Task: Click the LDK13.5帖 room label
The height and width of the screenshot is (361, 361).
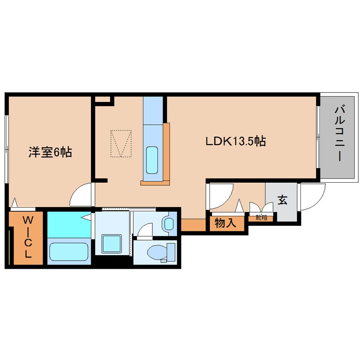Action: [236, 141]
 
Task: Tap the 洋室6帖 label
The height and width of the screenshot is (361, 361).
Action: [50, 152]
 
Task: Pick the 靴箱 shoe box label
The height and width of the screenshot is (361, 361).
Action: [261, 217]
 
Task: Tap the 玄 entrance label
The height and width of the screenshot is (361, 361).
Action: [282, 200]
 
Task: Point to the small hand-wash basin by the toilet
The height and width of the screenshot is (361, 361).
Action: [169, 223]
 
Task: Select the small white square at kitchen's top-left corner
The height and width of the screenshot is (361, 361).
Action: [102, 99]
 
